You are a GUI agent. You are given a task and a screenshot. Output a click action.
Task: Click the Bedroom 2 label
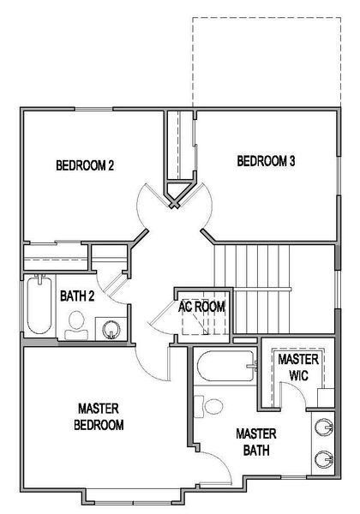(x=85, y=166)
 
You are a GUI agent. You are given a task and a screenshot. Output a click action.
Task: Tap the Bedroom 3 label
(x=266, y=160)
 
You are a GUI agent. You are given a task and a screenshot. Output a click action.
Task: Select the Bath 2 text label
(x=78, y=296)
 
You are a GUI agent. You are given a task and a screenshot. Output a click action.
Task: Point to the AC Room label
(x=202, y=306)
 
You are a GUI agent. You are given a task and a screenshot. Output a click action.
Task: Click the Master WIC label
(x=298, y=368)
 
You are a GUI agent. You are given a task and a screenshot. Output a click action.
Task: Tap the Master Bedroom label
(x=100, y=416)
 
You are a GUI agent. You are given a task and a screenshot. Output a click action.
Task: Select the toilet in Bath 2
(x=76, y=323)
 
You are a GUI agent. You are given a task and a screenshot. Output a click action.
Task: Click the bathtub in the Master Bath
(x=225, y=368)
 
